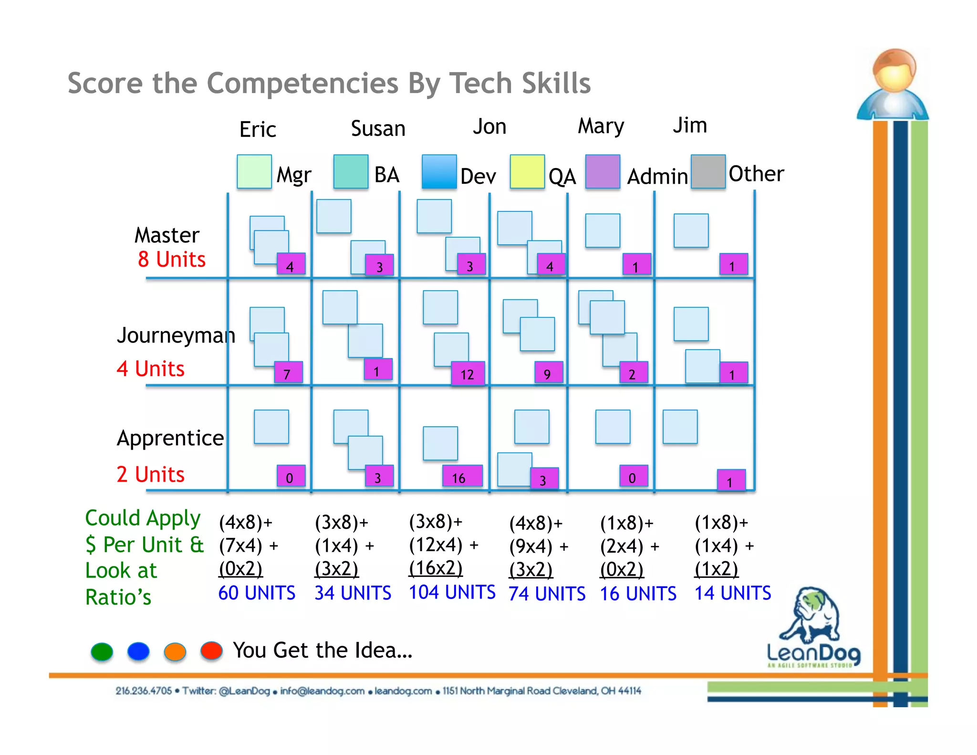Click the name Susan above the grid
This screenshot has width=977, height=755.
(x=378, y=128)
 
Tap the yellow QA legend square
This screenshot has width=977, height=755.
(x=527, y=171)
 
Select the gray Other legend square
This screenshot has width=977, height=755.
(x=708, y=171)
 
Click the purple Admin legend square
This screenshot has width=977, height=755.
(x=603, y=171)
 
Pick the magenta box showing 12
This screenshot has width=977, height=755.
(x=468, y=374)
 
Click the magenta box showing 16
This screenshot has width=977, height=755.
(x=461, y=476)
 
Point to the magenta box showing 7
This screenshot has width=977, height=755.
(x=288, y=373)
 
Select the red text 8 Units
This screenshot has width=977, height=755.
(x=172, y=260)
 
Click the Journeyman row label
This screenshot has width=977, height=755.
(x=176, y=335)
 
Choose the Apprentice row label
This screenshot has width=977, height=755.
(x=170, y=438)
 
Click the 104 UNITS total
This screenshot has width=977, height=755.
(x=452, y=592)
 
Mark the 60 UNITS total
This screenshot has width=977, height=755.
(x=257, y=593)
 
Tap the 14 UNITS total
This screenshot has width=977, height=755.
(x=732, y=593)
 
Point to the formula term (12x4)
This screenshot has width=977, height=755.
(x=436, y=545)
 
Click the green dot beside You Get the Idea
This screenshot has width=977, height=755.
(x=102, y=651)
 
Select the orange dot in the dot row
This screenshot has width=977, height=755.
(x=175, y=651)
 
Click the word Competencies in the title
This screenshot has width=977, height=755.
(x=302, y=83)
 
